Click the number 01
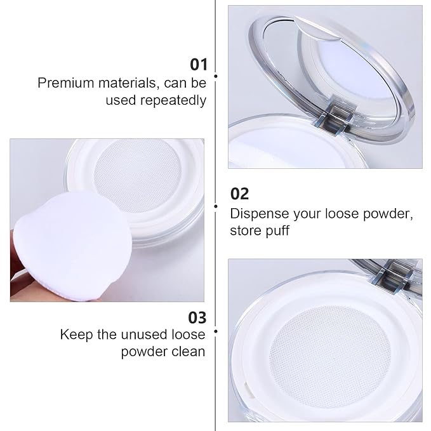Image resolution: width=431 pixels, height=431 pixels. pos(199,64)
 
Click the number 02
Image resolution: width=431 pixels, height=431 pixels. pos(239,194)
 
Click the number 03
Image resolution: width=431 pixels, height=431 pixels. pos(197,316)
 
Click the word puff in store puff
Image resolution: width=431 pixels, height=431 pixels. pos(277,230)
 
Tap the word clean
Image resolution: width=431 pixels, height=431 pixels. pos(188,352)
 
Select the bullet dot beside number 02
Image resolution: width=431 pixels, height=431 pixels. pos(216,205)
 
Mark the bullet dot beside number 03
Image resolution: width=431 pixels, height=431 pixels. pos(216,331)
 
